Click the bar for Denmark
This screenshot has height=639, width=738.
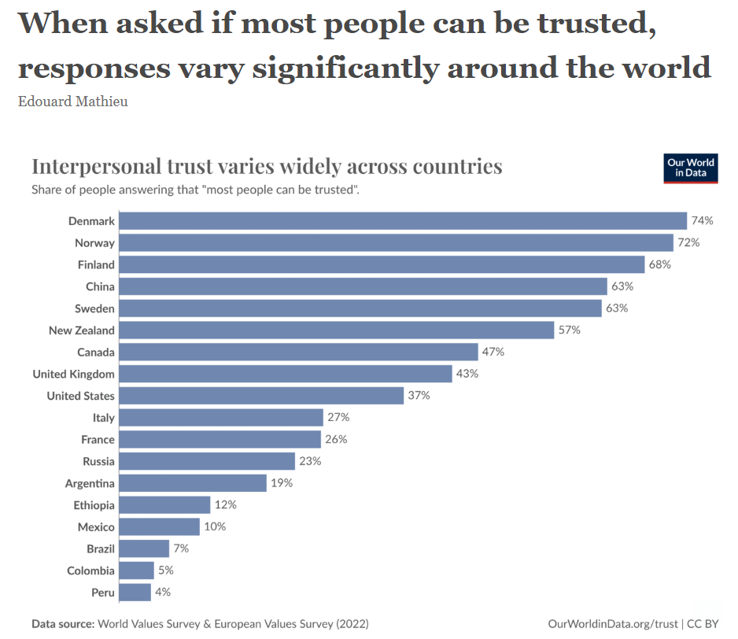tap(403, 221)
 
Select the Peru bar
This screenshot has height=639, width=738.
tap(135, 592)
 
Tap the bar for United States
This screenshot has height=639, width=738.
tap(261, 396)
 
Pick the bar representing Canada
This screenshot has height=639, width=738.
tap(298, 352)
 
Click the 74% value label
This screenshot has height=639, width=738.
tap(703, 221)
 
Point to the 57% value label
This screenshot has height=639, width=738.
tap(569, 331)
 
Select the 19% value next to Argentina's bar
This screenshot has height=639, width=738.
tap(281, 483)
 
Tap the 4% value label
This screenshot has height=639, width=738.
tap(162, 592)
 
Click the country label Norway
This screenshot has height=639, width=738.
tap(94, 243)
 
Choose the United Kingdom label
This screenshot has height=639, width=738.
tap(73, 374)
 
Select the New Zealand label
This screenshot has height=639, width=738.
tap(81, 331)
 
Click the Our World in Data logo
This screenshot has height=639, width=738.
tap(691, 168)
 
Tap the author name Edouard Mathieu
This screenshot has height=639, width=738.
tap(72, 102)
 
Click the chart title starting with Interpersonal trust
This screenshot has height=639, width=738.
tap(266, 167)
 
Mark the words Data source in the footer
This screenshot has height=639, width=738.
tap(62, 624)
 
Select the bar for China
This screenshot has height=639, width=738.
tap(363, 286)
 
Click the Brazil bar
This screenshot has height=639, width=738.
tap(144, 549)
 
